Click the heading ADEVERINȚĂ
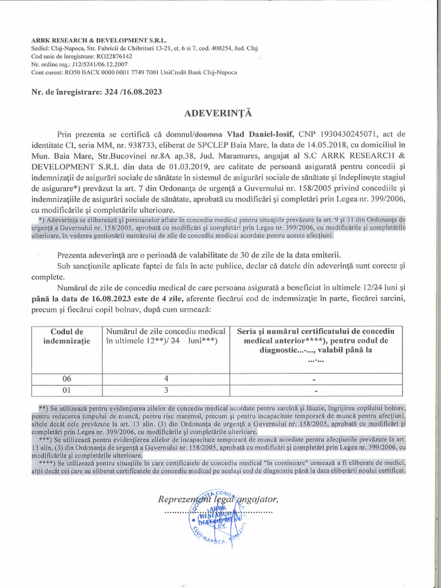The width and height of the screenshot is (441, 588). (x=218, y=114)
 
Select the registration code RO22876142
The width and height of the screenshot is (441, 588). (x=111, y=56)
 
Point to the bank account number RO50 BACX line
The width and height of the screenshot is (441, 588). (x=134, y=72)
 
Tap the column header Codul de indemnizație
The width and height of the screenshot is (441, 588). (x=67, y=336)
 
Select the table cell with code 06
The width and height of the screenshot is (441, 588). (x=67, y=379)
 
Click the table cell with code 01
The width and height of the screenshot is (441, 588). (x=67, y=390)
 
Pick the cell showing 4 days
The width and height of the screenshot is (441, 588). (x=166, y=379)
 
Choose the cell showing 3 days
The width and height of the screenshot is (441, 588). (x=166, y=390)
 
